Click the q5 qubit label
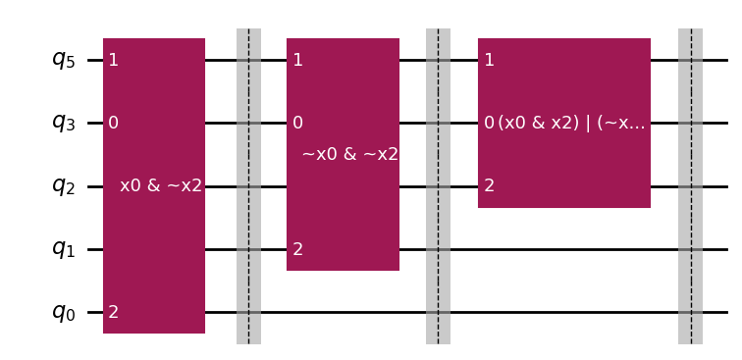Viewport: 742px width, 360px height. coord(63,60)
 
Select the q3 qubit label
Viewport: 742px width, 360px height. coord(63,123)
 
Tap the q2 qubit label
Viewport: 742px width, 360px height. coord(63,186)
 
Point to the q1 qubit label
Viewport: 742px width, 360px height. coord(63,249)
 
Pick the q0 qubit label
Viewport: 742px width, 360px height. coord(63,313)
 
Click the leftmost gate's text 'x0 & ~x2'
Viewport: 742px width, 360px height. coord(161,185)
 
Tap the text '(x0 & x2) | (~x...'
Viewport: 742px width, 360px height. coord(571,124)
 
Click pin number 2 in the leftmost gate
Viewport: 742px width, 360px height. coord(114,313)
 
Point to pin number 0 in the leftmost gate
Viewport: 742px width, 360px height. coord(114,123)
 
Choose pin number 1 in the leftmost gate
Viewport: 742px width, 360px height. coord(114,60)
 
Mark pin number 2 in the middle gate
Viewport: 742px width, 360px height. coord(297,249)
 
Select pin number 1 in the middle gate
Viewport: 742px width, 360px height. coord(297,60)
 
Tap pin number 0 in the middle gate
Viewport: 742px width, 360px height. coord(297,123)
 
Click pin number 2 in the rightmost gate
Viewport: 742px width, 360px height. coord(489,186)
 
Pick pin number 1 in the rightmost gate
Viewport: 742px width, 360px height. coord(489,60)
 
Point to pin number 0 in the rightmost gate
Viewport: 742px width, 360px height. coord(489,123)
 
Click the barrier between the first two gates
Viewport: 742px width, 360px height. coord(248,186)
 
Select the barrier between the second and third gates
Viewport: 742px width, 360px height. coord(438,186)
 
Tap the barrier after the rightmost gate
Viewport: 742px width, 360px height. coord(690,186)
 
